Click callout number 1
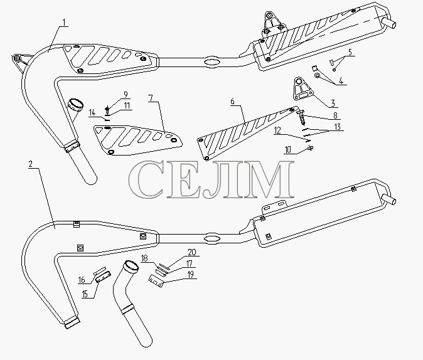pyautogui.click(x=64, y=23)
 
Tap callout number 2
pyautogui.click(x=31, y=164)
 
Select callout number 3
pyautogui.click(x=333, y=103)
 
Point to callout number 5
pyautogui.click(x=350, y=52)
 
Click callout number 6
pyautogui.click(x=233, y=102)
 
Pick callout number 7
pyautogui.click(x=151, y=98)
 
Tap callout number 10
pyautogui.click(x=288, y=150)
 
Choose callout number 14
pyautogui.click(x=92, y=112)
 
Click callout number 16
pyautogui.click(x=82, y=280)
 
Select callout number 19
pyautogui.click(x=190, y=275)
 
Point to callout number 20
pyautogui.click(x=192, y=252)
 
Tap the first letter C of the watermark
pyautogui.click(x=147, y=179)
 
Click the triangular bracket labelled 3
pyautogui.click(x=303, y=90)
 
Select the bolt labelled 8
pyautogui.click(x=302, y=117)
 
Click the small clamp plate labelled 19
pyautogui.click(x=156, y=281)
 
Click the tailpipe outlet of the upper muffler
pyautogui.click(x=390, y=23)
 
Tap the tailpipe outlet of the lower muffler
pyautogui.click(x=390, y=201)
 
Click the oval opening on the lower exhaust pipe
pyautogui.click(x=211, y=239)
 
